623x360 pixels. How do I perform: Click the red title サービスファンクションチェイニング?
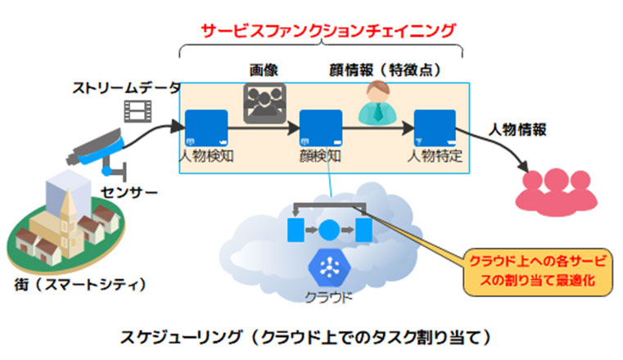tap(327, 30)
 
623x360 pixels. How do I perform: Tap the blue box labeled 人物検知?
tap(206, 128)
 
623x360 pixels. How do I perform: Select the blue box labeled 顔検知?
tap(321, 128)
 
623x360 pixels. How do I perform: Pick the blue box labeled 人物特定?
tap(435, 128)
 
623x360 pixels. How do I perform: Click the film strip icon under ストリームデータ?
tap(138, 110)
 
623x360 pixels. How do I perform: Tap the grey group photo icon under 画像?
tap(264, 103)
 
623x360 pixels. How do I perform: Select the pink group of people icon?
tap(556, 192)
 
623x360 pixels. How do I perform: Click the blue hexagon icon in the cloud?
tap(329, 267)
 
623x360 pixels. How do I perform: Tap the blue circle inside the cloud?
tap(329, 230)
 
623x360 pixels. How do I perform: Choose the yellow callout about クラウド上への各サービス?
tap(538, 271)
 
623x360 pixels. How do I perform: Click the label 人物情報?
tap(517, 130)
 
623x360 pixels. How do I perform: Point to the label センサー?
tap(129, 193)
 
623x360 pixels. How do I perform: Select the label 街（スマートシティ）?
tap(80, 284)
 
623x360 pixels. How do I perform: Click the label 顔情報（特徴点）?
tap(386, 70)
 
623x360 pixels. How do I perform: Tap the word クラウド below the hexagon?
tap(328, 297)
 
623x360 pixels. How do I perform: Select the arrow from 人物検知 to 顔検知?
tap(264, 128)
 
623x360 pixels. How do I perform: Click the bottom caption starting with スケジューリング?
tap(306, 337)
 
